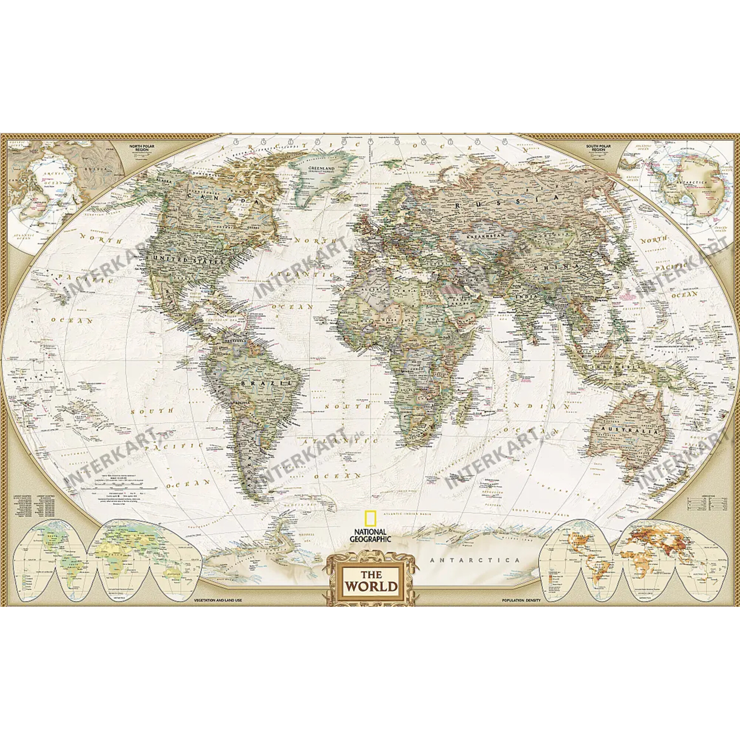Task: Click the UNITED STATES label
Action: (187, 260)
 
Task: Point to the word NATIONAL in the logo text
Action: (370, 532)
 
